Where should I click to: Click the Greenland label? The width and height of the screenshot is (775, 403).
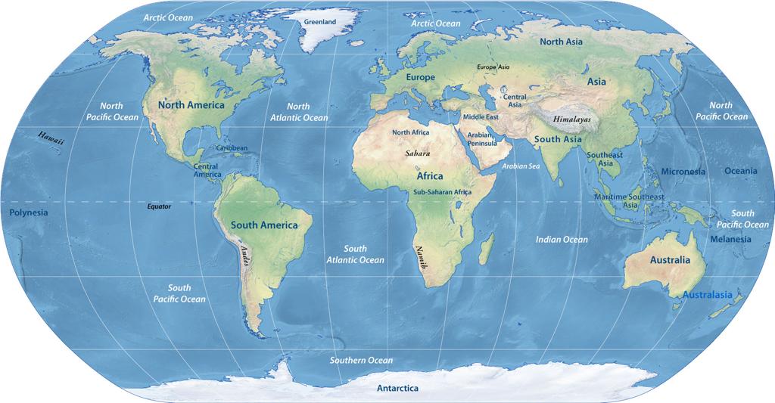coord(319,22)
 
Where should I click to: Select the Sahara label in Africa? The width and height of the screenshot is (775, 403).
coord(417,153)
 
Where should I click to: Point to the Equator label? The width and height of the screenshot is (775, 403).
coord(159,206)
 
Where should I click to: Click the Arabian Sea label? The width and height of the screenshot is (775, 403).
coord(521,166)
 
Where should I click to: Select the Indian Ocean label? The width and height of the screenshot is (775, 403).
coord(562,240)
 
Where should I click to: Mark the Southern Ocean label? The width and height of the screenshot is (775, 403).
coord(361,361)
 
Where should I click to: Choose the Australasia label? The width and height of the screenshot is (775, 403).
coord(707,295)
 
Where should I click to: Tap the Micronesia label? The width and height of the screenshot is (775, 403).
coord(683,172)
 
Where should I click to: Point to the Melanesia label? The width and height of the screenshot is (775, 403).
coord(730,239)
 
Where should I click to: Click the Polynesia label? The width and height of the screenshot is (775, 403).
coord(29,212)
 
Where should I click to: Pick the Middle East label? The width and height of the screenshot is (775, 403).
coord(481,117)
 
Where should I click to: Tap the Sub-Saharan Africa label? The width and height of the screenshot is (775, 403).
coord(442,193)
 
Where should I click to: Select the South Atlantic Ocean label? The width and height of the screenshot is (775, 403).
coord(355,254)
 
